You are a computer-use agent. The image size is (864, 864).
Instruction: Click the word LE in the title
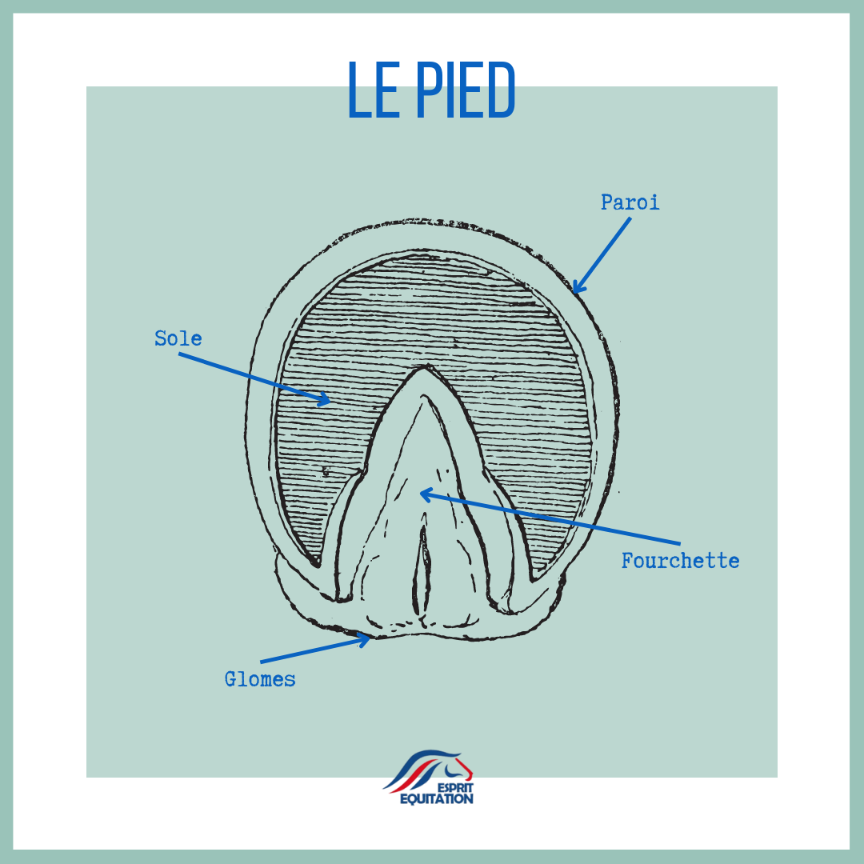point(374,90)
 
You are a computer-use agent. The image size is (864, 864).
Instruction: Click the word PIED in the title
point(466,90)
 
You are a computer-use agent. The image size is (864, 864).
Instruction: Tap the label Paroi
point(630,202)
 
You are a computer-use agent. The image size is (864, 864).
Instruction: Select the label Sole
point(178,338)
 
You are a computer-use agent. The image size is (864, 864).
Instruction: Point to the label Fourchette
point(681,561)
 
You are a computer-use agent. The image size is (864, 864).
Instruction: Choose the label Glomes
point(259,679)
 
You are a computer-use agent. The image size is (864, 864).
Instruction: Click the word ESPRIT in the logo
point(456,788)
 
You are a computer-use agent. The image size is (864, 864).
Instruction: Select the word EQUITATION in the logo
point(437,799)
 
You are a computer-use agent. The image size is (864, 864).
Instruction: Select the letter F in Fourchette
point(628,560)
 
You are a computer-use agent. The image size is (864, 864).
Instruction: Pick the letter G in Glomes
point(230,679)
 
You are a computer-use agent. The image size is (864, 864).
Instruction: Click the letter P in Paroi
point(606,202)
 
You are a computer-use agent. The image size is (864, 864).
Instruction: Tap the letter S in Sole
point(160,338)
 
